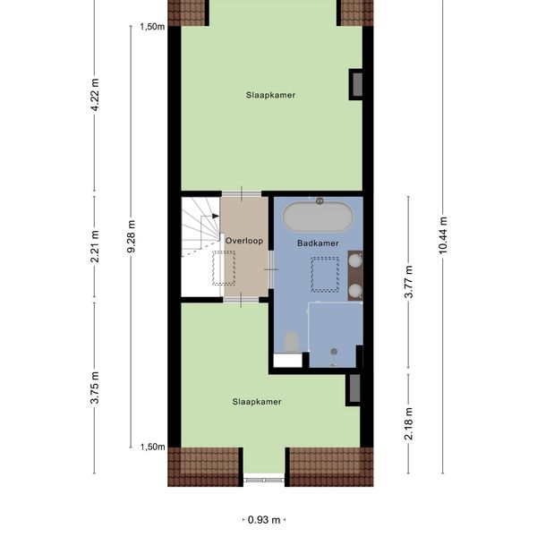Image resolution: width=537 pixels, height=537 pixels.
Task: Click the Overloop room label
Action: tap(244, 241)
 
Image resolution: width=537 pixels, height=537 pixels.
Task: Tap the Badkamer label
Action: tap(318, 243)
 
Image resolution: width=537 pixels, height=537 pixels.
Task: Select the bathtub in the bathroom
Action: tap(318, 217)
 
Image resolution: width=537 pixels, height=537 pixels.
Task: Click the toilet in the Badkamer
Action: tap(292, 342)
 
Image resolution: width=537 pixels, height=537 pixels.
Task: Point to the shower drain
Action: tap(334, 352)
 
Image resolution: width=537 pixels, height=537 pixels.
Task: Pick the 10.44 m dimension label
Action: tap(443, 235)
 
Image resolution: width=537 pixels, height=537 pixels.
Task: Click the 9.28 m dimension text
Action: tap(131, 236)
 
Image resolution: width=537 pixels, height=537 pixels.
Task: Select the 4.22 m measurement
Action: tap(95, 95)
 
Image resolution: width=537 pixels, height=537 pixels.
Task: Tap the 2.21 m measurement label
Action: tap(95, 247)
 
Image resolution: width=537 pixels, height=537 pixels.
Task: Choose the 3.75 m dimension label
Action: tap(95, 388)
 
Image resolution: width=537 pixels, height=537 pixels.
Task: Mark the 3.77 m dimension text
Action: tap(409, 282)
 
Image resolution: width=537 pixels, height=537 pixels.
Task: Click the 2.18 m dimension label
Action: tap(409, 423)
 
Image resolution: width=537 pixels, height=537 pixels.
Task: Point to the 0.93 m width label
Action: tap(264, 520)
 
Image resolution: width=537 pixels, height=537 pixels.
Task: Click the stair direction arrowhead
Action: tap(216, 216)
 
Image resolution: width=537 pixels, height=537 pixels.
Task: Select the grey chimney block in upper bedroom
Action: tap(357, 85)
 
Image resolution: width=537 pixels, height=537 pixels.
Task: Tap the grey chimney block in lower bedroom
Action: tap(354, 388)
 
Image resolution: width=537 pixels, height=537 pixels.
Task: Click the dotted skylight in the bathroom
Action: tap(325, 275)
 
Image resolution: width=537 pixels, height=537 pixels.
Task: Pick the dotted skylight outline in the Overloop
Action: tap(224, 268)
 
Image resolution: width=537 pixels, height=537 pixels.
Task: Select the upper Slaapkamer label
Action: tap(270, 95)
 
